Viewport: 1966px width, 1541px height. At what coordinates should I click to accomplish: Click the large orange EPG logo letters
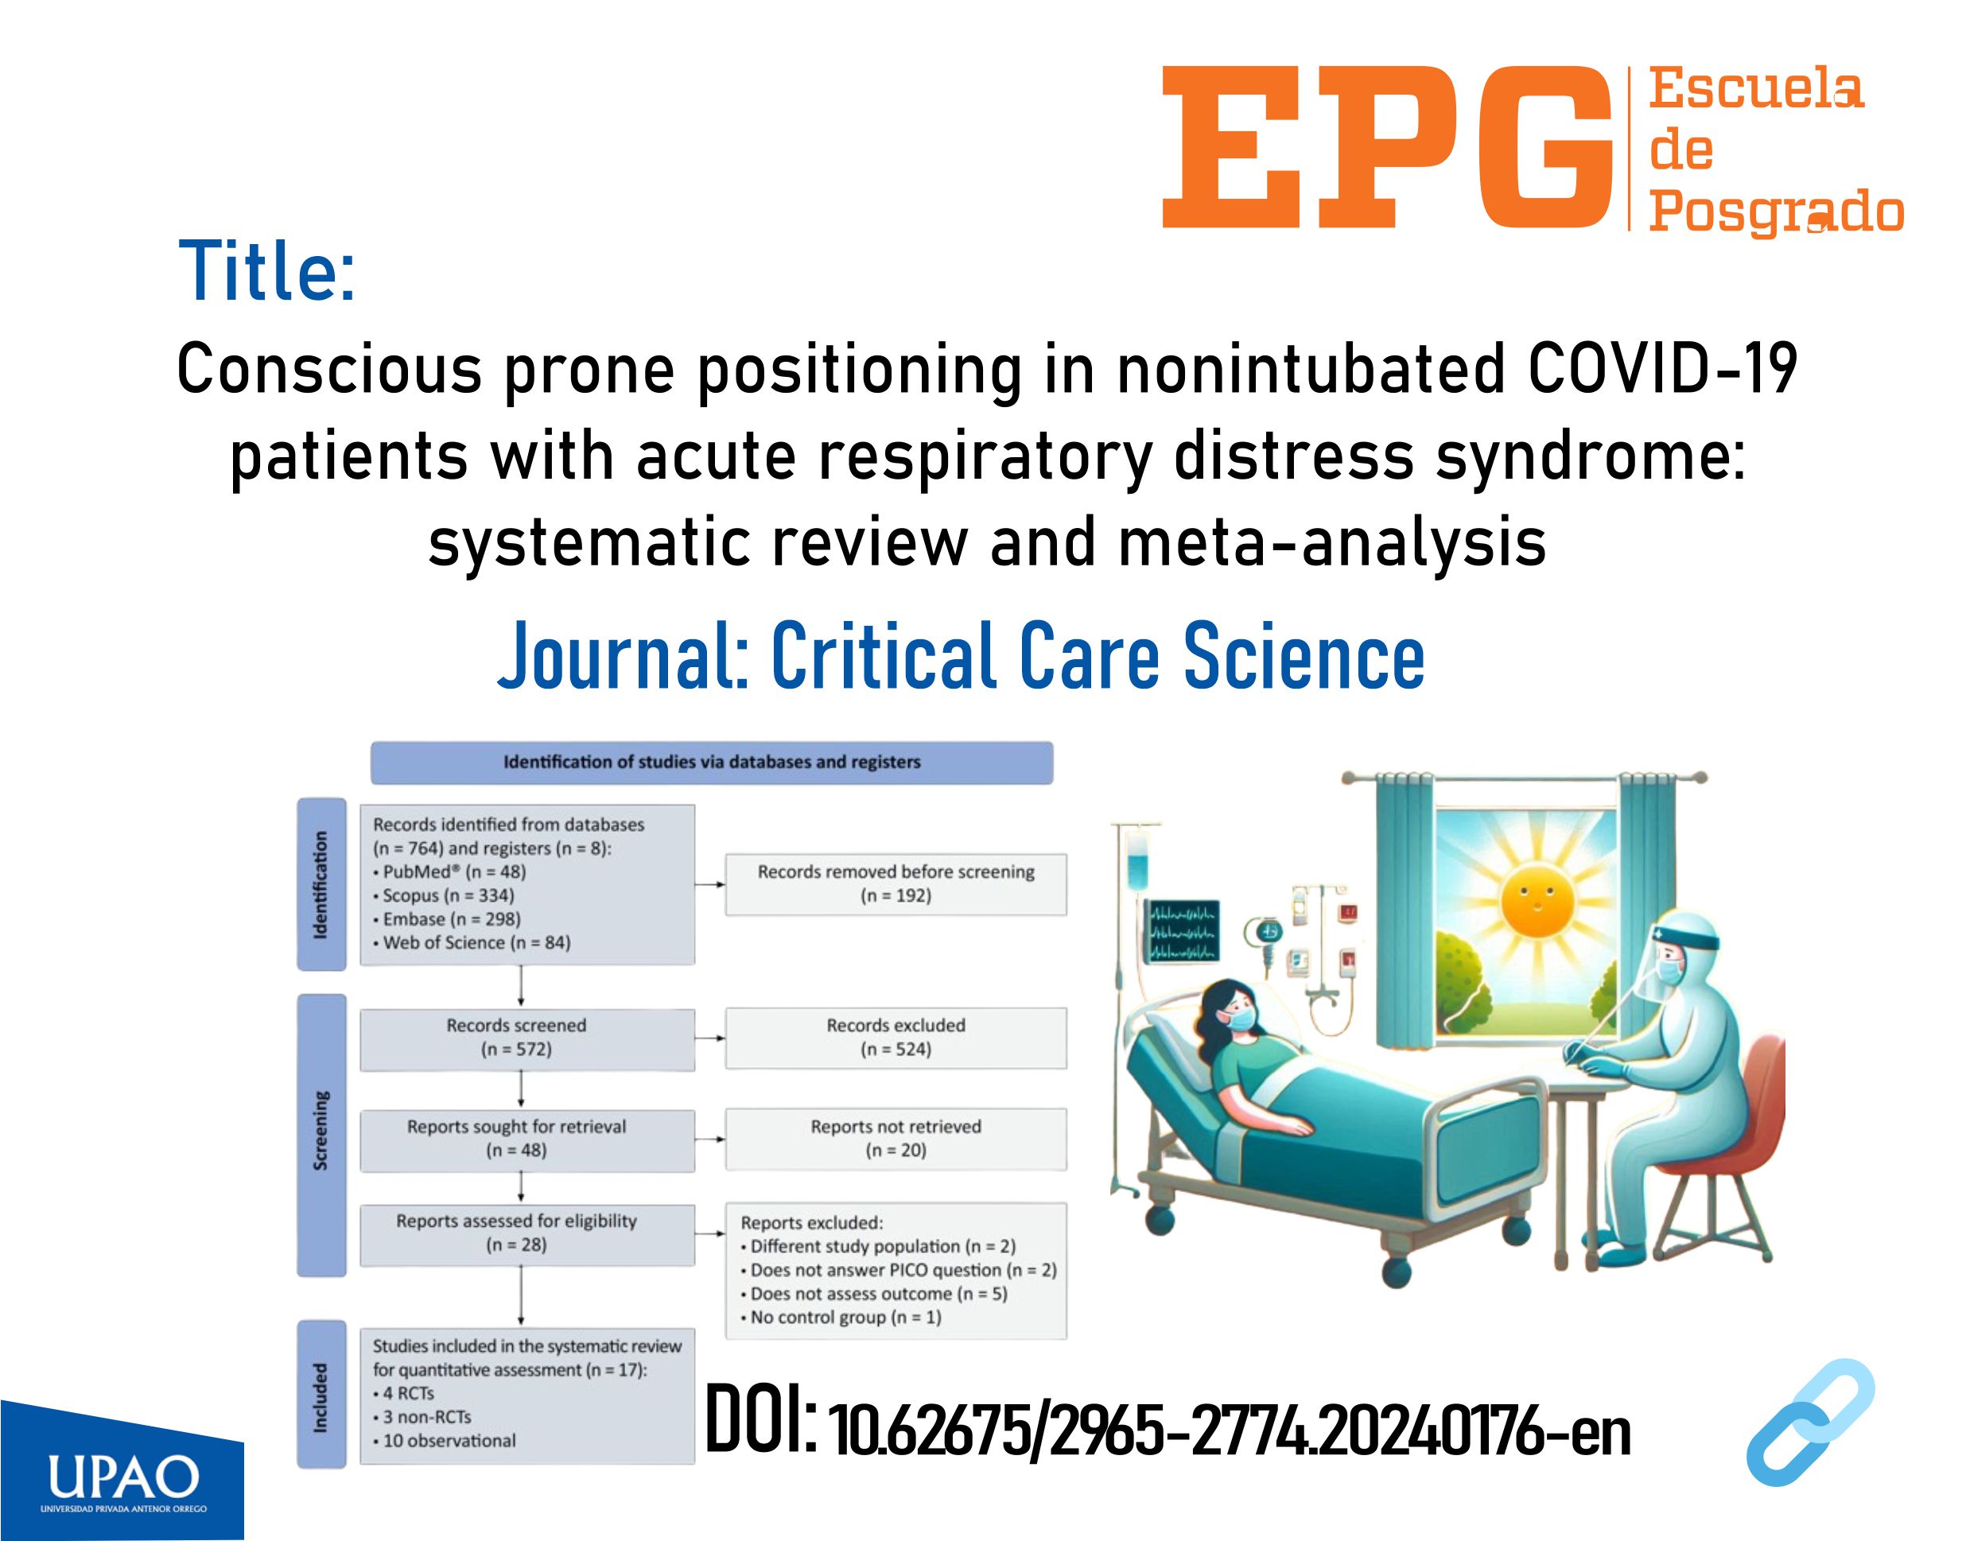click(x=1387, y=147)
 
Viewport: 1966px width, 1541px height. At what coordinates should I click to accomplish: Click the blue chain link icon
click(x=1811, y=1422)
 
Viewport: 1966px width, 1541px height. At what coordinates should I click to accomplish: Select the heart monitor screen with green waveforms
click(x=1183, y=931)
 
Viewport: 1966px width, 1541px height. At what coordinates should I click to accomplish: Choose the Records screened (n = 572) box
click(x=527, y=1039)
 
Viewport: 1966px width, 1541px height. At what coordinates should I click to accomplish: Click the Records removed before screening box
click(x=896, y=884)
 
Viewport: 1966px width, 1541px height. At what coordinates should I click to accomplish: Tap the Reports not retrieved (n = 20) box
click(x=896, y=1139)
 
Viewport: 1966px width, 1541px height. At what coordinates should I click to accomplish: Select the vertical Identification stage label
click(x=321, y=884)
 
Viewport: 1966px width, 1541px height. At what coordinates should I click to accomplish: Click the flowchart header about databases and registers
click(x=712, y=763)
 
